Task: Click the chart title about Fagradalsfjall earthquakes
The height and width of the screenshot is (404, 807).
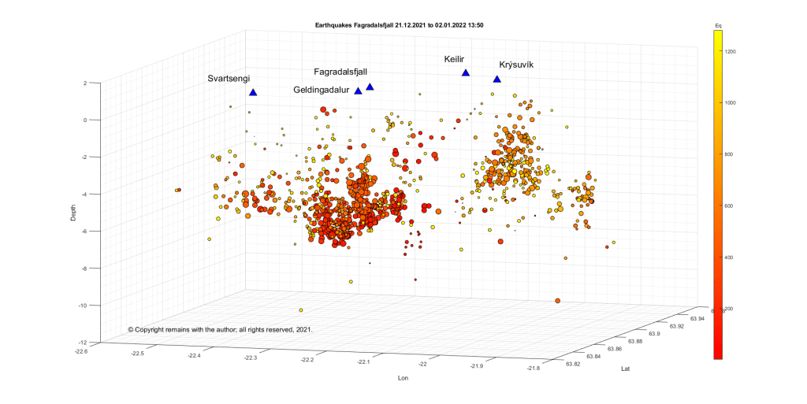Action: point(399,25)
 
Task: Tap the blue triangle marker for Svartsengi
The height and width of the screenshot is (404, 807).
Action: point(253,92)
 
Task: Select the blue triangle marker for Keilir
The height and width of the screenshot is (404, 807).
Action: point(466,73)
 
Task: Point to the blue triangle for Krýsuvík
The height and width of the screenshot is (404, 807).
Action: point(496,79)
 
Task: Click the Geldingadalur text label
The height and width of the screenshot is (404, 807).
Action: point(322,90)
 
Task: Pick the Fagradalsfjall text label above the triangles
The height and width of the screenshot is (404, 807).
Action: point(340,72)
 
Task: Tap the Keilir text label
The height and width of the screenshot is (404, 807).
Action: point(455,59)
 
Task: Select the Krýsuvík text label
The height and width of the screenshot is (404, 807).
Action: point(516,65)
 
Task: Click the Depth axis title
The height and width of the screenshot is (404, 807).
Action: point(73,213)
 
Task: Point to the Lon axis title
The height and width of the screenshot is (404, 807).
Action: point(403,379)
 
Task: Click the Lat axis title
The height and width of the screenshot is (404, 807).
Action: point(625,368)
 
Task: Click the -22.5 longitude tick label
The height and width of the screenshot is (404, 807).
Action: point(137,354)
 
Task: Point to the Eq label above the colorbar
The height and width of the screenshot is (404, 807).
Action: point(718,26)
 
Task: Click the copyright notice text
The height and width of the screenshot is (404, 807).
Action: point(220,329)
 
